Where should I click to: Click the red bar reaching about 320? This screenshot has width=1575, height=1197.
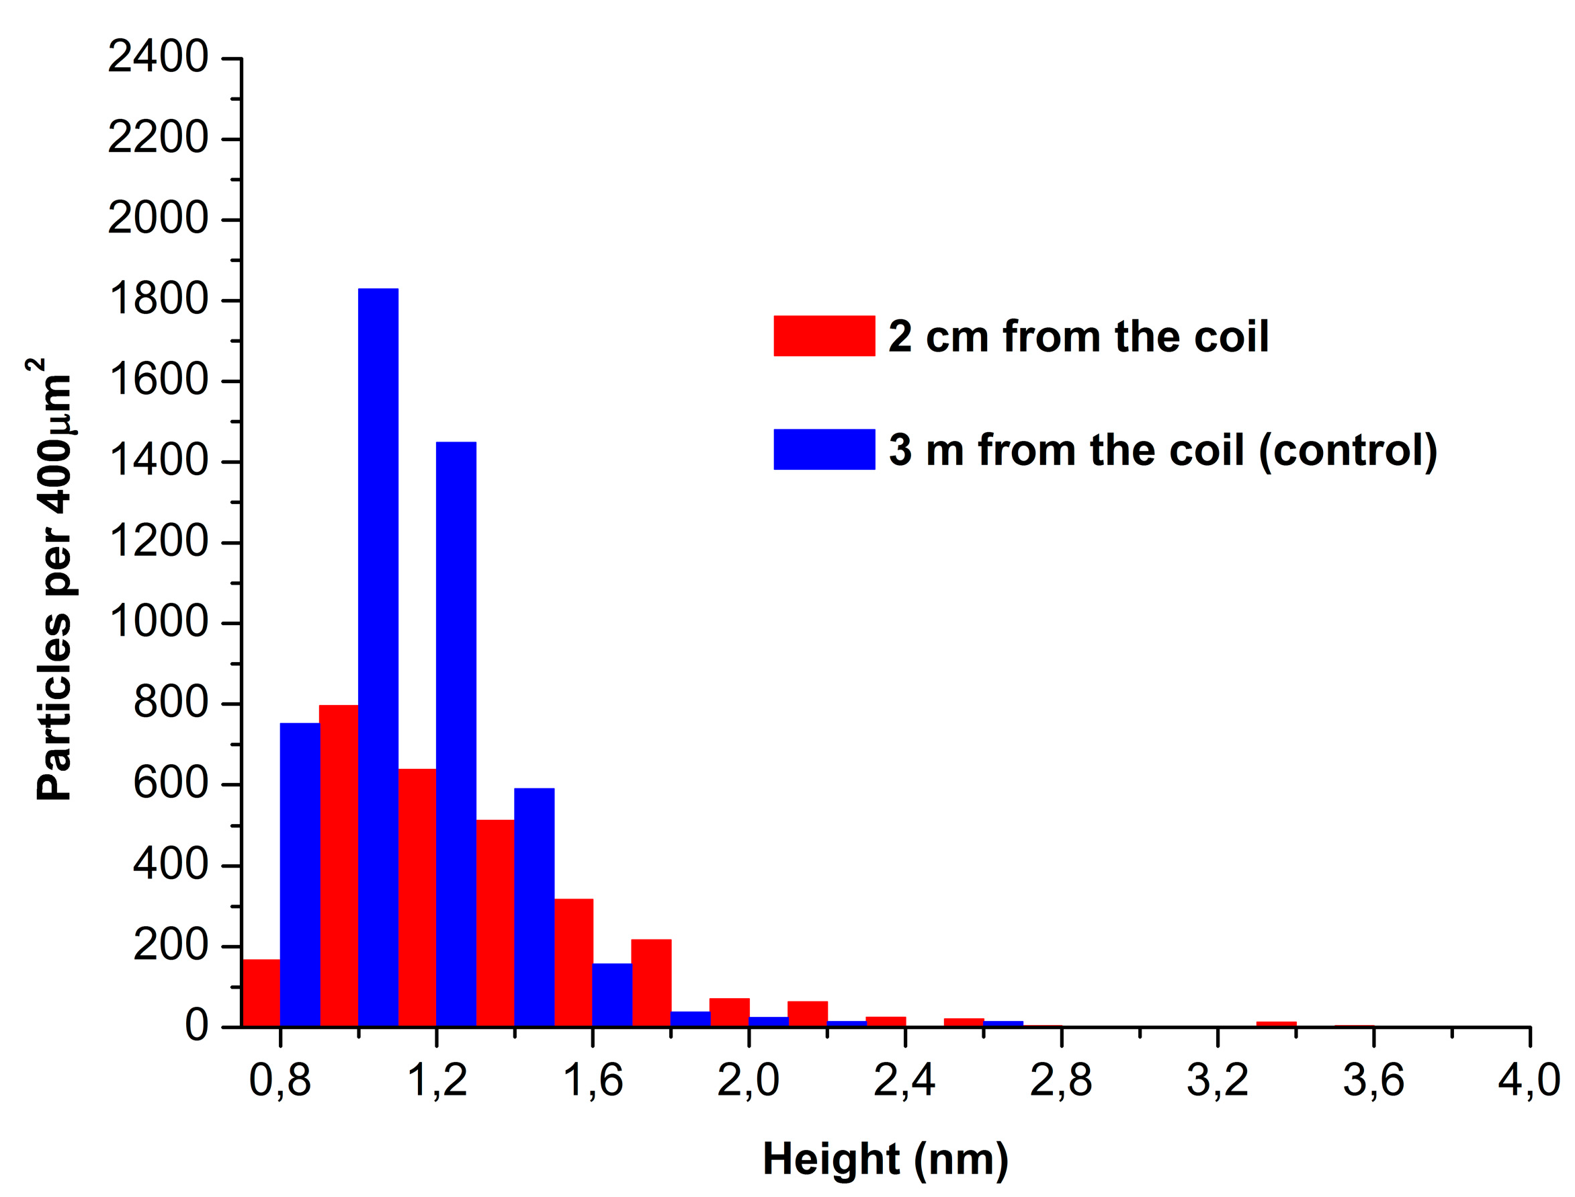[x=573, y=962]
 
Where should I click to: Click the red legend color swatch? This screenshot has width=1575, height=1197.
[x=824, y=335]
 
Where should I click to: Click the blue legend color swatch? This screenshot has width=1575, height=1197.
[x=824, y=449]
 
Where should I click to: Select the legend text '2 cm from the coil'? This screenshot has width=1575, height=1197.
[x=1078, y=336]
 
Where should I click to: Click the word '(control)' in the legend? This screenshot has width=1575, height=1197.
[x=1348, y=450]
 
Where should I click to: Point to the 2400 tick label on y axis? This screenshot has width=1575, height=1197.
[x=157, y=57]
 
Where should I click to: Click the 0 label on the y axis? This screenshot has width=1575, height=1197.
[x=197, y=1026]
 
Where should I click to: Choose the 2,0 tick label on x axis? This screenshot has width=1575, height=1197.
[x=748, y=1080]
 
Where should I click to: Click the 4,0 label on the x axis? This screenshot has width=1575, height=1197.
[x=1528, y=1080]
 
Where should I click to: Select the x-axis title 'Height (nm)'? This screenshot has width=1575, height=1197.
[x=885, y=1159]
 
